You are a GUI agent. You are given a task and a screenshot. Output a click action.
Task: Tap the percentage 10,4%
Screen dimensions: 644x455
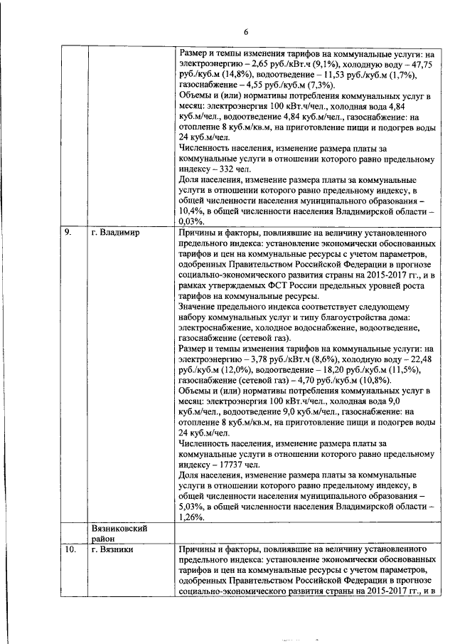193,211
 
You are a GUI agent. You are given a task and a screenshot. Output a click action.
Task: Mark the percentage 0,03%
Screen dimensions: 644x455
193,222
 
